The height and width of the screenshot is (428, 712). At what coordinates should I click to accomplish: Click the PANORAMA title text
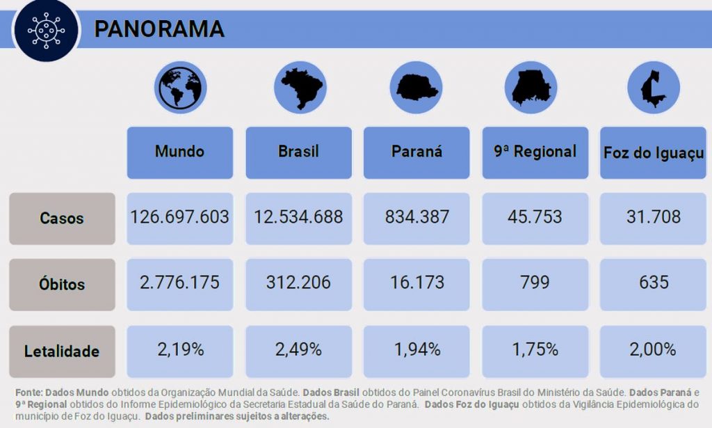click(159, 29)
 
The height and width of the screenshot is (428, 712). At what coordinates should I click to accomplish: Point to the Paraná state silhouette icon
click(416, 88)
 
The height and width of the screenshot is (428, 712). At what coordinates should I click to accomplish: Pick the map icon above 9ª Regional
click(532, 88)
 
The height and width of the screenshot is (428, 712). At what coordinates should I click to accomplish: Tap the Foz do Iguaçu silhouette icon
click(653, 88)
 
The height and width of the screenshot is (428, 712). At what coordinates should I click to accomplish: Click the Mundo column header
click(179, 152)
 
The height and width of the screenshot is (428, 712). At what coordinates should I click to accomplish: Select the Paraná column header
click(416, 152)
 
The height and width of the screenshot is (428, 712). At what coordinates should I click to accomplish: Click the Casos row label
click(62, 219)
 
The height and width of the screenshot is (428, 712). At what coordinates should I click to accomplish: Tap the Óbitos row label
click(62, 285)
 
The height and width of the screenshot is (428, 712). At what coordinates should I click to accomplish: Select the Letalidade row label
click(62, 351)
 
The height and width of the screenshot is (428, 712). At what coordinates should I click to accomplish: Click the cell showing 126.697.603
click(179, 217)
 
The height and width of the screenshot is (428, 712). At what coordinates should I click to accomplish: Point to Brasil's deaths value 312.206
click(298, 283)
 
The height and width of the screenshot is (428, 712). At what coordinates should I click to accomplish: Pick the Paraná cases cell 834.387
click(416, 217)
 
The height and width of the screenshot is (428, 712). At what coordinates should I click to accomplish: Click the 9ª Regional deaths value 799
click(535, 283)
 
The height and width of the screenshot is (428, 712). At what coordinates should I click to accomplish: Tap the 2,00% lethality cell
click(654, 349)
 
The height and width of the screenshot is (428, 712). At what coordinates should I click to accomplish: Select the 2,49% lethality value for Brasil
click(298, 349)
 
